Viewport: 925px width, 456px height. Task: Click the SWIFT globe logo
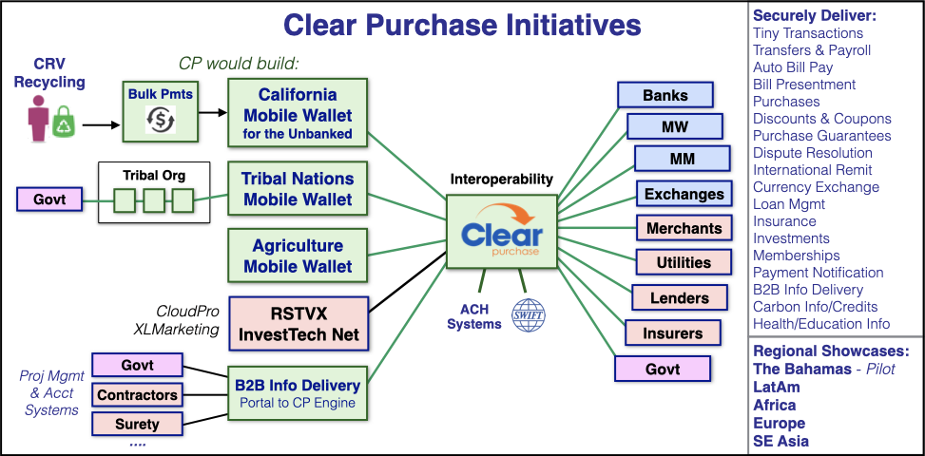click(529, 314)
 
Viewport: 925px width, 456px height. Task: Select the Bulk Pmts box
click(160, 112)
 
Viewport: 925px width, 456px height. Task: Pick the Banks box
click(665, 95)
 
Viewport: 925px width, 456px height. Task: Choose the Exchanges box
click(684, 195)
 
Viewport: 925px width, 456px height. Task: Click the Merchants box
click(684, 229)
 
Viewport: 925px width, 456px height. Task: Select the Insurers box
click(673, 333)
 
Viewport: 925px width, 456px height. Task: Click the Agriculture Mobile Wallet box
click(298, 256)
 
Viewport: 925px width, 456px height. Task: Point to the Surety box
click(138, 425)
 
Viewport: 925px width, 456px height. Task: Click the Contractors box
click(138, 395)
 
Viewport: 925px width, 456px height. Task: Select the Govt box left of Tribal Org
click(49, 199)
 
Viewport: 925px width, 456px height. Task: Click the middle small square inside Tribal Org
click(153, 200)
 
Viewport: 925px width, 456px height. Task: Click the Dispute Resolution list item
click(812, 153)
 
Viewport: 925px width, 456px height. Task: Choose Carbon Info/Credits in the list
click(816, 307)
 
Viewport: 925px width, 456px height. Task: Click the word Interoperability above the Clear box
click(501, 180)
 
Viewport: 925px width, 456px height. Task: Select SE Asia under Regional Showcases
click(781, 441)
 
